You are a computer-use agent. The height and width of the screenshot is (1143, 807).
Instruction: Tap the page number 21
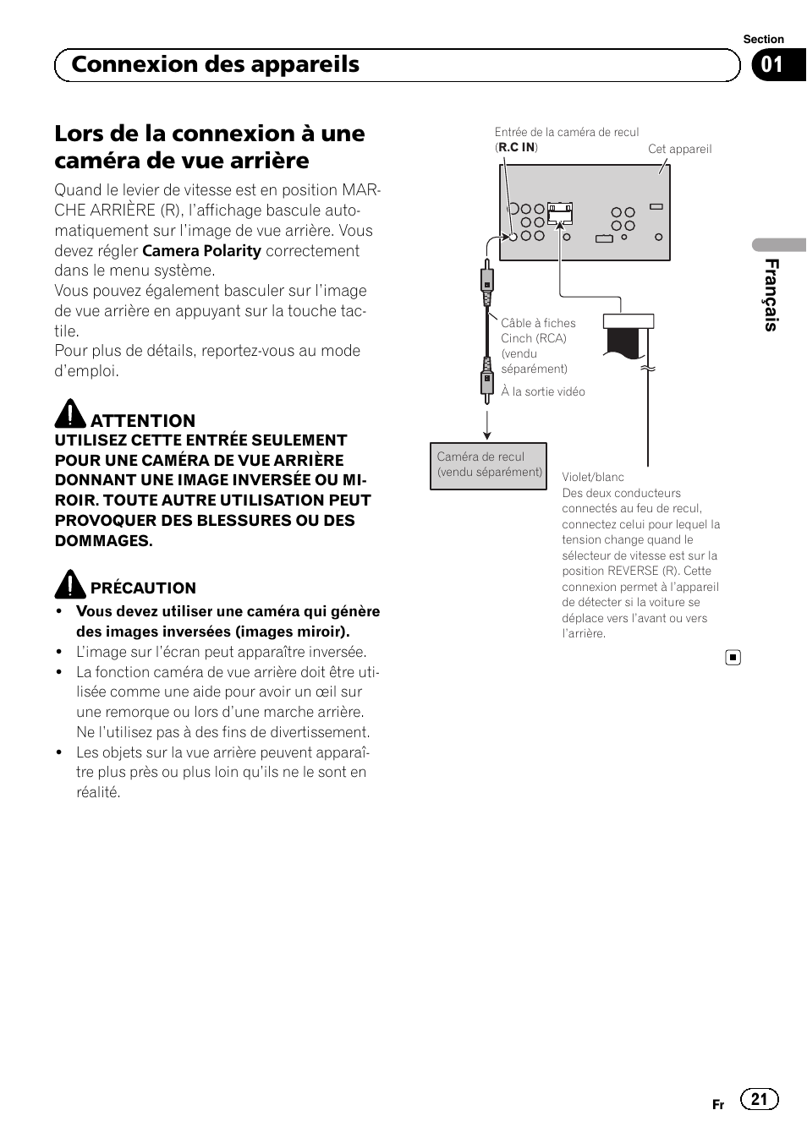click(759, 1099)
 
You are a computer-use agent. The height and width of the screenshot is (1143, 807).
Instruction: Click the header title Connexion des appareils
click(216, 65)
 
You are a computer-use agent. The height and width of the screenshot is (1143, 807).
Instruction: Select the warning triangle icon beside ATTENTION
click(70, 413)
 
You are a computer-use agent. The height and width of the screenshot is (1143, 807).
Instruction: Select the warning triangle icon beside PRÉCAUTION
click(70, 584)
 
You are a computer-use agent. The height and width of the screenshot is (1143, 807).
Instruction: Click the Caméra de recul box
click(488, 466)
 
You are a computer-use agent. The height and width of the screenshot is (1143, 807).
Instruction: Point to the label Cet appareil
click(679, 149)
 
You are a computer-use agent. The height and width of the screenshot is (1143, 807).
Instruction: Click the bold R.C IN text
click(516, 147)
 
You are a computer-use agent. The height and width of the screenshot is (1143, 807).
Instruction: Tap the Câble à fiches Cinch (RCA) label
click(537, 331)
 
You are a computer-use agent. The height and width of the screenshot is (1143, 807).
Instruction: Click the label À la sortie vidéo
click(542, 391)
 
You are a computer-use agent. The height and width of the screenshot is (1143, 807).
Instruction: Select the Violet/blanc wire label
click(593, 477)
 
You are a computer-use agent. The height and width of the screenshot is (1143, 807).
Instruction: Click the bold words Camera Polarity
click(201, 251)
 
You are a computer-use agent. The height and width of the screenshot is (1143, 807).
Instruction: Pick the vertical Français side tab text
click(771, 294)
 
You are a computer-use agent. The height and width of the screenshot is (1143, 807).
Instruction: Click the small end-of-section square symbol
click(733, 658)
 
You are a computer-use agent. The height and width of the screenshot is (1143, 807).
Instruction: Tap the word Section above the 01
click(763, 39)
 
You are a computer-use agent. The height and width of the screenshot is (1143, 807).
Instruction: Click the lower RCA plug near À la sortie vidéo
click(487, 379)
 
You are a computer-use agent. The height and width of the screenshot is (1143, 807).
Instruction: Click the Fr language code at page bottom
click(717, 1104)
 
